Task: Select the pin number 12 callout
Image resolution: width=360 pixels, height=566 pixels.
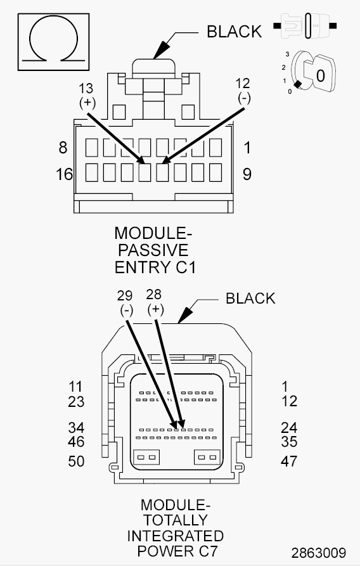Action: (x=243, y=83)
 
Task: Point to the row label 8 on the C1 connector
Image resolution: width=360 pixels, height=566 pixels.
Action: (x=63, y=148)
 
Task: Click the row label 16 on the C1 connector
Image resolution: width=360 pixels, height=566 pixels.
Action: (x=64, y=174)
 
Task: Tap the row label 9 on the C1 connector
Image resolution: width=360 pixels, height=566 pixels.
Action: (x=247, y=174)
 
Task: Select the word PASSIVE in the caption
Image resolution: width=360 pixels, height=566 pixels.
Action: (x=153, y=249)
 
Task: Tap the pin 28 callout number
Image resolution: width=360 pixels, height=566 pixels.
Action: (x=154, y=294)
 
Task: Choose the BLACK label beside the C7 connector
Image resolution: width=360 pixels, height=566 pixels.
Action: (x=250, y=298)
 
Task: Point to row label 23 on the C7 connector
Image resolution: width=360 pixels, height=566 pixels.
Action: (x=76, y=401)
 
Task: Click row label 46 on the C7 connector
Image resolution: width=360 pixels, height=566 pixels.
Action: (x=76, y=441)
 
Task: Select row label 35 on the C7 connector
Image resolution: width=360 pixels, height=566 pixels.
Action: (x=289, y=441)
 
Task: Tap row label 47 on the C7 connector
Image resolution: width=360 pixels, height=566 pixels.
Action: (x=289, y=461)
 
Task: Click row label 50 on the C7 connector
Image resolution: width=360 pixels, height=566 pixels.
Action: (x=76, y=461)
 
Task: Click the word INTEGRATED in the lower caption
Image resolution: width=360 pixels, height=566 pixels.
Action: (x=175, y=536)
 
